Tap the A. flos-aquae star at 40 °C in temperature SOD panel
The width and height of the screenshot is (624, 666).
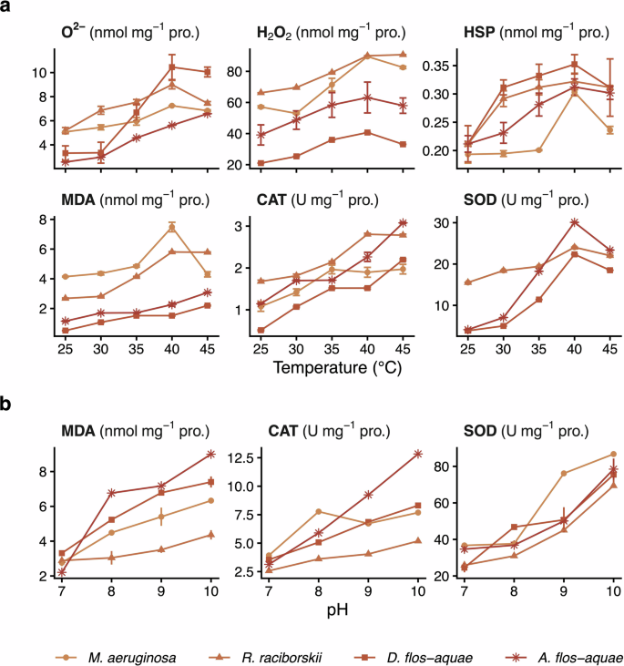point(574,222)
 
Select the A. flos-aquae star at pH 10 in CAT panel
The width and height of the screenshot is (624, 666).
point(393,454)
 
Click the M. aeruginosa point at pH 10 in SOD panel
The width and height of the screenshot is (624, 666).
point(613,454)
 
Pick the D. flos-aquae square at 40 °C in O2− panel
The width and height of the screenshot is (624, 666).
point(172,67)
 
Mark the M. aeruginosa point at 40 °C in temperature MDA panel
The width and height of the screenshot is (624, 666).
point(172,227)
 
